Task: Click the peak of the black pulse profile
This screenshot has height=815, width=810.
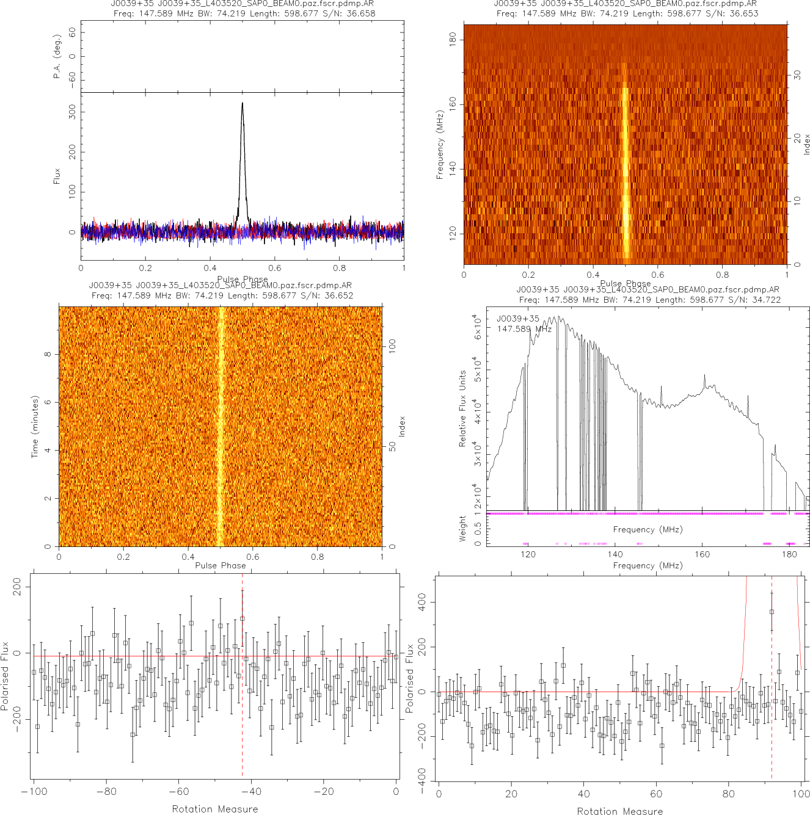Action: (243, 103)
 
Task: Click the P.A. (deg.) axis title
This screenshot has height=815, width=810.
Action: (57, 56)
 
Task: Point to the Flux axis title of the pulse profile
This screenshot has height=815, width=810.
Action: (57, 176)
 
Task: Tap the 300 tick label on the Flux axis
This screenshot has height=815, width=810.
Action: (73, 112)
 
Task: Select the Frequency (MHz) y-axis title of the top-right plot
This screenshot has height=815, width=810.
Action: (440, 145)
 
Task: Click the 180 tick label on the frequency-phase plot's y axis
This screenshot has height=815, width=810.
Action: (453, 40)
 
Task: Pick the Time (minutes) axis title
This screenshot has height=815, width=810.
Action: (35, 427)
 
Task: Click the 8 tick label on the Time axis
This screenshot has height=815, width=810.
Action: (48, 354)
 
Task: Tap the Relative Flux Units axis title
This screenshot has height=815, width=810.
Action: (462, 408)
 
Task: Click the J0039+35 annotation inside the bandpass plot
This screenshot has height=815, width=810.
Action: (517, 319)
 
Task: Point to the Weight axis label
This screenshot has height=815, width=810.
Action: (462, 528)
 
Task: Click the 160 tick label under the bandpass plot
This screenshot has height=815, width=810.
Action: (702, 554)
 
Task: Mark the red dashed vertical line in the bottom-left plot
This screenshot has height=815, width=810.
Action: (243, 702)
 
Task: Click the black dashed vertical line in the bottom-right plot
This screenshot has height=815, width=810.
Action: (772, 720)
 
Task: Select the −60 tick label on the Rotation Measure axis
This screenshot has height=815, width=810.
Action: (178, 792)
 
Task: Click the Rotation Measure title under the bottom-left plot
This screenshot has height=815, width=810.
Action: (215, 809)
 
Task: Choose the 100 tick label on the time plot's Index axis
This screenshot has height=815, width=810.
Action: (392, 346)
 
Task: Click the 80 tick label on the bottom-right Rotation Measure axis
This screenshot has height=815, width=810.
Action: (729, 794)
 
